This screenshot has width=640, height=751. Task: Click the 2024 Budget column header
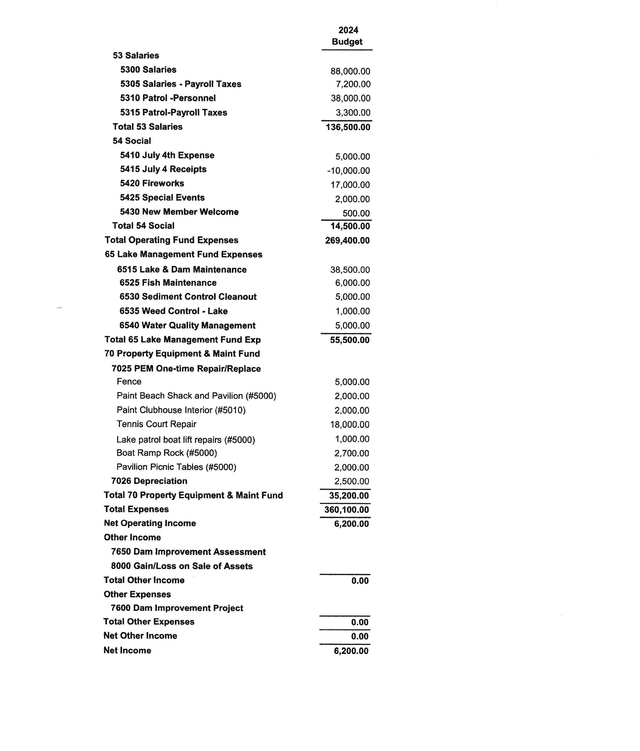[347, 36]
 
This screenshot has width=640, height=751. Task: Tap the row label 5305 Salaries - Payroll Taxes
[180, 84]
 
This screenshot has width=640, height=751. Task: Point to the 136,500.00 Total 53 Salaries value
[348, 127]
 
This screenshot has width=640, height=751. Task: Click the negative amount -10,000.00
[348, 171]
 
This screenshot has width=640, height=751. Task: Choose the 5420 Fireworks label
[152, 183]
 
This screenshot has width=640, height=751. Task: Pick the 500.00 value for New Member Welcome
[356, 213]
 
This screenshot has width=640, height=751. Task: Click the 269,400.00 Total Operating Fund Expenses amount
[347, 240]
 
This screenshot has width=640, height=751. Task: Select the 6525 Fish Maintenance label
[168, 283]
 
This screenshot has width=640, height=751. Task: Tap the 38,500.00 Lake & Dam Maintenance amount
[350, 270]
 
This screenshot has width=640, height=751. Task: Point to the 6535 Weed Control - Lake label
[173, 311]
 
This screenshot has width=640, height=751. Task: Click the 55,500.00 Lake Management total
[350, 340]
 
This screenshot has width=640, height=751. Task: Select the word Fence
[129, 381]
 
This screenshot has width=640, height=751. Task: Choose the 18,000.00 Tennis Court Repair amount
[350, 424]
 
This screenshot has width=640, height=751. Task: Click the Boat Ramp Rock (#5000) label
[166, 453]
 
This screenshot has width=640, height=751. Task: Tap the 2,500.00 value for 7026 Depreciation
[351, 481]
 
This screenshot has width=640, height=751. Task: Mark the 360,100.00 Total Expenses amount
[346, 510]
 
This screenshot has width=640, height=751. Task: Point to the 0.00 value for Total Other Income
[360, 581]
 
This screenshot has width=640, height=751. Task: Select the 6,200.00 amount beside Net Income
[351, 651]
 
